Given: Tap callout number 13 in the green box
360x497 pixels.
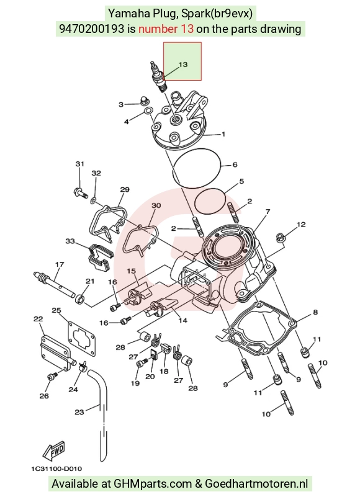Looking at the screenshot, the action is click(x=183, y=65).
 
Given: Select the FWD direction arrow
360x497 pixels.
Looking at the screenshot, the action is click(x=54, y=450).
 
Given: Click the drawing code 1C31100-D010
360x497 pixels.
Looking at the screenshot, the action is click(x=56, y=469).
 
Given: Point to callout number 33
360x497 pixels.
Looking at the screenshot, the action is click(x=70, y=241).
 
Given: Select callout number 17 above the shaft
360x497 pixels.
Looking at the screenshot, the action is click(x=60, y=264).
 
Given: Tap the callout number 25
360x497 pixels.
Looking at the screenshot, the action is click(x=56, y=310).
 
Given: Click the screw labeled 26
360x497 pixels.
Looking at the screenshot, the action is click(x=52, y=376).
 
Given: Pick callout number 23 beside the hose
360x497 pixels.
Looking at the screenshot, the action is click(x=79, y=412).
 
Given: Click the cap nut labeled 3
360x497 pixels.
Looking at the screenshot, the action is click(x=145, y=101).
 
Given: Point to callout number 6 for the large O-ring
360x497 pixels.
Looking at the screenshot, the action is click(x=235, y=164).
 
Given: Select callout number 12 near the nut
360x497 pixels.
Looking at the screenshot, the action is click(x=301, y=225).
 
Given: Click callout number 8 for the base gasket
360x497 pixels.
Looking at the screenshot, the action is click(x=315, y=312).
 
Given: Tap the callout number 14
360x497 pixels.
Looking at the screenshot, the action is click(x=182, y=320).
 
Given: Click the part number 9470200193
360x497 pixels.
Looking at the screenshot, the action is click(x=92, y=29).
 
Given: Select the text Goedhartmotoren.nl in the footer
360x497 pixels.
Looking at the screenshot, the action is click(x=256, y=484).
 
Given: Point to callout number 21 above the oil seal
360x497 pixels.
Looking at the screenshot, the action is click(x=90, y=281).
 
